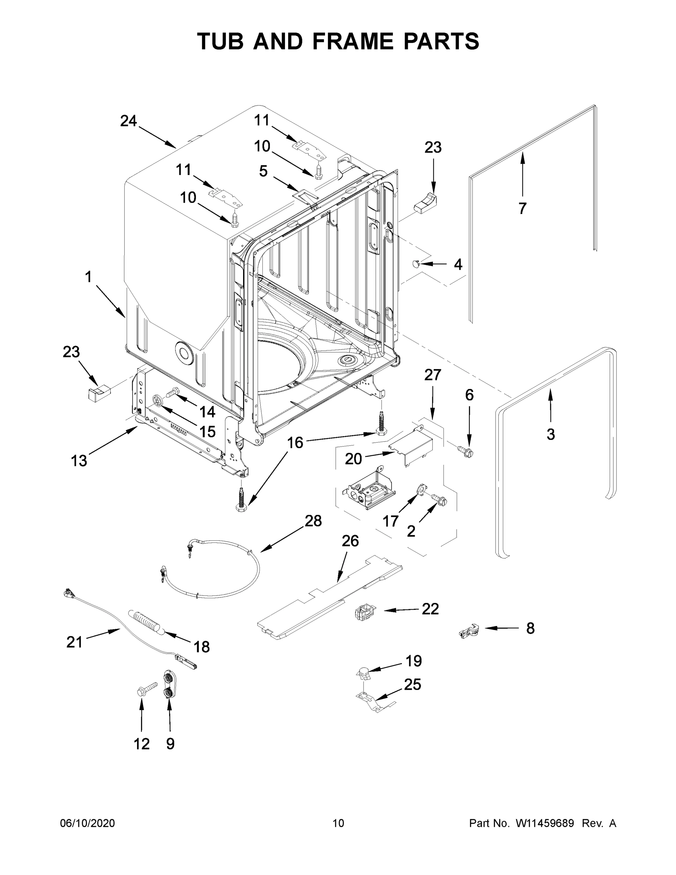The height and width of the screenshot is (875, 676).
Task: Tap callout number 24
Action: [x=129, y=121]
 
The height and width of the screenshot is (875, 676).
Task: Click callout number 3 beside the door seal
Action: [x=551, y=434]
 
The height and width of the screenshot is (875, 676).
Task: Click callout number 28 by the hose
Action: [x=313, y=521]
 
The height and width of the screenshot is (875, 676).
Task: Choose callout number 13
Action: [x=79, y=461]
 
